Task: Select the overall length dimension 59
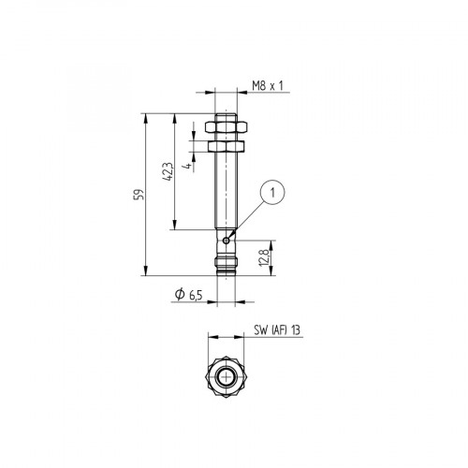[x=139, y=195]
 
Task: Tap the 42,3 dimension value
[x=168, y=172]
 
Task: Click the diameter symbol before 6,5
[x=179, y=296]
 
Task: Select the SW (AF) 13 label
[x=276, y=330]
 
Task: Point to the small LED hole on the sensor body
[x=227, y=238]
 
